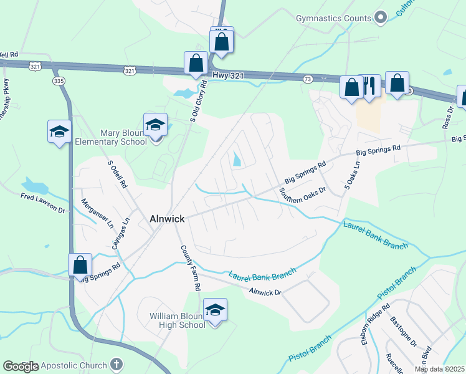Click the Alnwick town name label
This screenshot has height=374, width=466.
[167, 219]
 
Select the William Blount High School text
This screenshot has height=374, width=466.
[178, 320]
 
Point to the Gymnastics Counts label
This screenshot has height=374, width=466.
[333, 18]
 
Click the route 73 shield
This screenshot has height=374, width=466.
[308, 79]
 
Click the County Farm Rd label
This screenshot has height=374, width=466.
[191, 268]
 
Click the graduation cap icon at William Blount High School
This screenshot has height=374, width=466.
[215, 310]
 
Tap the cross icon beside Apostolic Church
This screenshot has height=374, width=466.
[115, 363]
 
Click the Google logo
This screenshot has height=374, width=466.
[21, 367]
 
